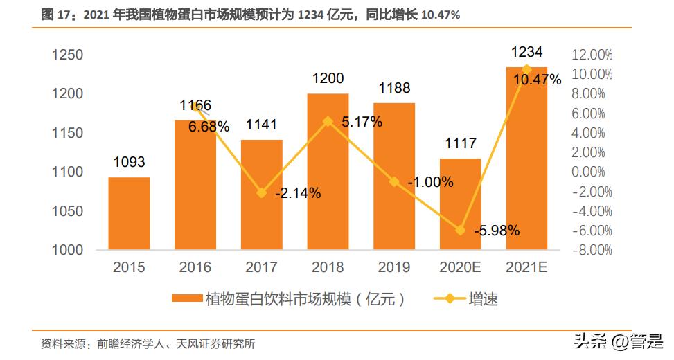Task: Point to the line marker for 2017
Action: click(261, 193)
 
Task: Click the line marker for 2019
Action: click(394, 181)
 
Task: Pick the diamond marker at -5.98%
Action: click(460, 230)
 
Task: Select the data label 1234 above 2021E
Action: click(526, 52)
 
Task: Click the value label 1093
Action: click(129, 162)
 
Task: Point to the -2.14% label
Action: click(298, 194)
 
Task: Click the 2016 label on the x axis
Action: click(195, 267)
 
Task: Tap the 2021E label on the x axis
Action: click(526, 267)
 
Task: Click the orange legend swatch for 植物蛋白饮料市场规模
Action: click(187, 299)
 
